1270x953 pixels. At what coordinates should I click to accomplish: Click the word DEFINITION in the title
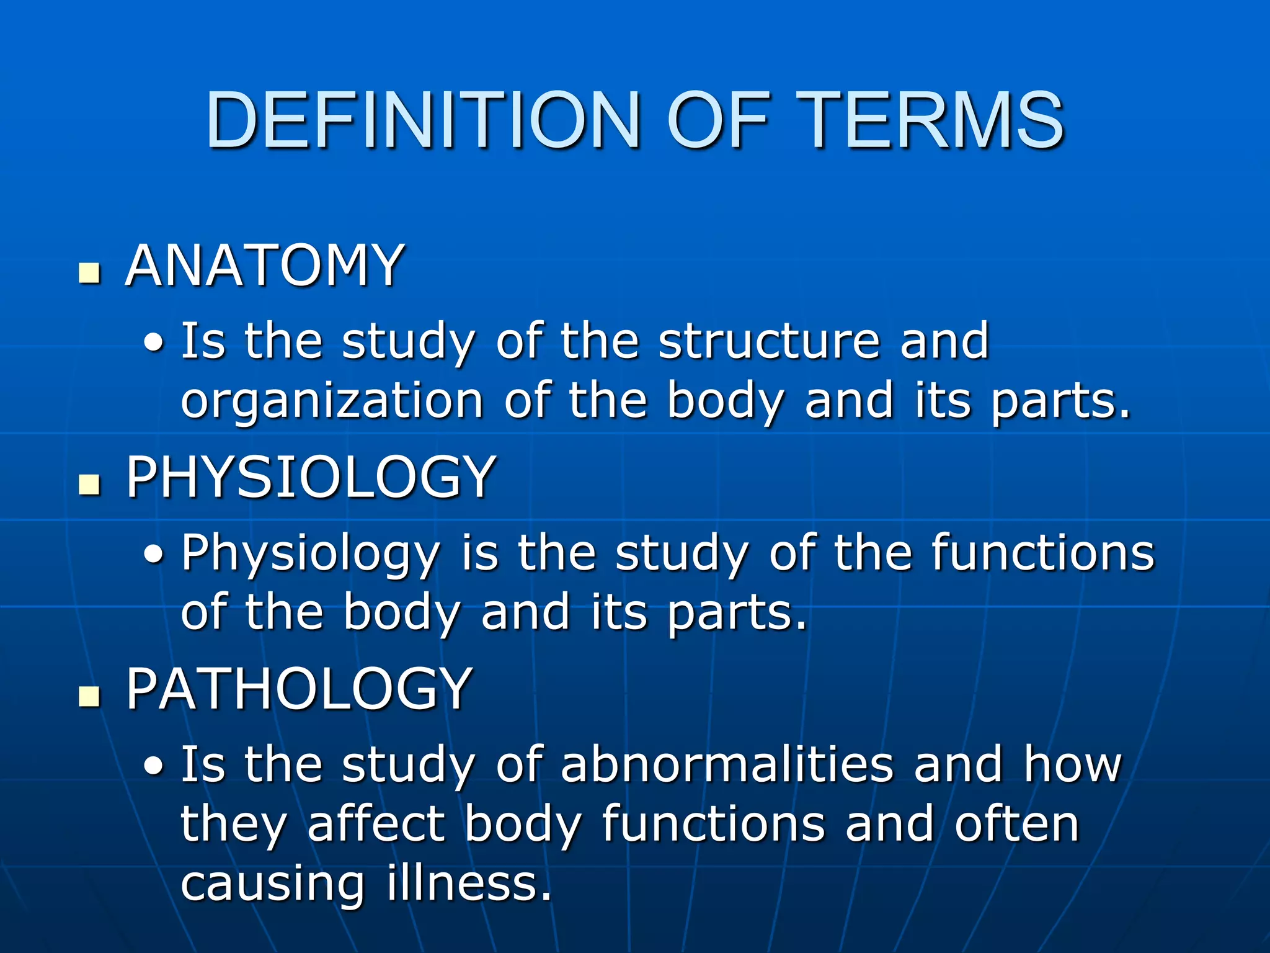click(423, 120)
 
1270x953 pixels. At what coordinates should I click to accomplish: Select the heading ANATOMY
click(265, 266)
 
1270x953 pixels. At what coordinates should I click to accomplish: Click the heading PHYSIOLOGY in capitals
click(311, 477)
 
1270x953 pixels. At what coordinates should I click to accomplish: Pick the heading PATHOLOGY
click(300, 689)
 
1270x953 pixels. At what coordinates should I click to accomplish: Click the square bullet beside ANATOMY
click(90, 273)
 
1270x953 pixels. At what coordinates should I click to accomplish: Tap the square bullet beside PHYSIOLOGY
click(90, 485)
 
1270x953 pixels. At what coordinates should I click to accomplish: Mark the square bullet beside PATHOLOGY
click(90, 696)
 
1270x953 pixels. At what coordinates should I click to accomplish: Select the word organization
click(332, 401)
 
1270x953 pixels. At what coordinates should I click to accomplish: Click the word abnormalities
click(727, 764)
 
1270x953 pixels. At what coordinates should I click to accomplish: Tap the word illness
click(469, 883)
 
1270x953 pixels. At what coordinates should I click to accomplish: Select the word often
click(1017, 824)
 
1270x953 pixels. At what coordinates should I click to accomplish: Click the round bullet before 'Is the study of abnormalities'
click(154, 767)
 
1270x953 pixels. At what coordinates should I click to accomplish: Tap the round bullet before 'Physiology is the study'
click(154, 555)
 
